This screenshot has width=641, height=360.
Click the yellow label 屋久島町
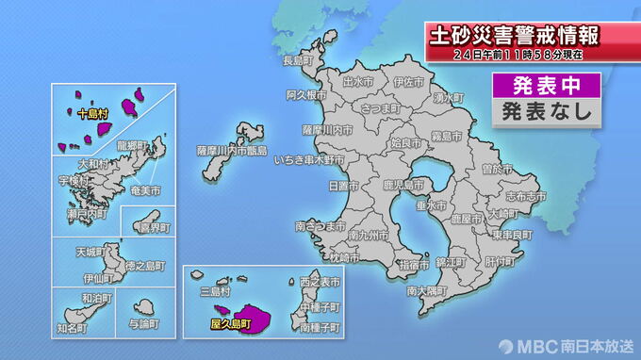tap(232, 323)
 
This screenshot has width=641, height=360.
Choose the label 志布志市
tap(526, 197)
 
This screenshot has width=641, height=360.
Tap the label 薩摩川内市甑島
tap(232, 150)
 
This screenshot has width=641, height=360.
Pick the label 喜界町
tap(154, 228)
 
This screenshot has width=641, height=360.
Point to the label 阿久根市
tap(305, 95)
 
